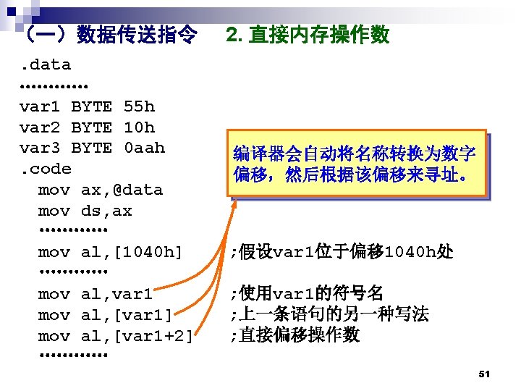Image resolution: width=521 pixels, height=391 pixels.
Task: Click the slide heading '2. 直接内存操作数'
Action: click(308, 35)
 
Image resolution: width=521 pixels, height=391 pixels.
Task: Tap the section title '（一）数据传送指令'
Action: click(109, 35)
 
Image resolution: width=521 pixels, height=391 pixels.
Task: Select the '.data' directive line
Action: click(45, 65)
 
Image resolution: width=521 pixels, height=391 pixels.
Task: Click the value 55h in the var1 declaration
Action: click(139, 107)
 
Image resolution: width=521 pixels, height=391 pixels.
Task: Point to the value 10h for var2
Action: click(139, 128)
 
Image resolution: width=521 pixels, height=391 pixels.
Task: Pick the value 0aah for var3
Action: click(144, 148)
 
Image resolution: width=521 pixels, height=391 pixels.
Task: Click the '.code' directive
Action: click(45, 169)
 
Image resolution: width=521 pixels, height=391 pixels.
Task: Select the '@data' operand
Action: click(137, 190)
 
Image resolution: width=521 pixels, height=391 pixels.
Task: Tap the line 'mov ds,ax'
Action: click(85, 211)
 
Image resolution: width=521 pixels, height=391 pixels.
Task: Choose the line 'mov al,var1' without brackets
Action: click(95, 295)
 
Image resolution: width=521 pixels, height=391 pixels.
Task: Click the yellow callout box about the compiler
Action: click(355, 164)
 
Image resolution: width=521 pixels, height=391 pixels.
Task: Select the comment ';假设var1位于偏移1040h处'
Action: click(342, 253)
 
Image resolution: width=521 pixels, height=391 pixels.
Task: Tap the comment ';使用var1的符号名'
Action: click(306, 294)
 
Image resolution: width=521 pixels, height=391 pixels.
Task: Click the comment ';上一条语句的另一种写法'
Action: click(329, 315)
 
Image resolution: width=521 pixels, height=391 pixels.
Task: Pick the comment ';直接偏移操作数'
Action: click(295, 336)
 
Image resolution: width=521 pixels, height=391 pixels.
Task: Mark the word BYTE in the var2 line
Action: click(91, 128)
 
